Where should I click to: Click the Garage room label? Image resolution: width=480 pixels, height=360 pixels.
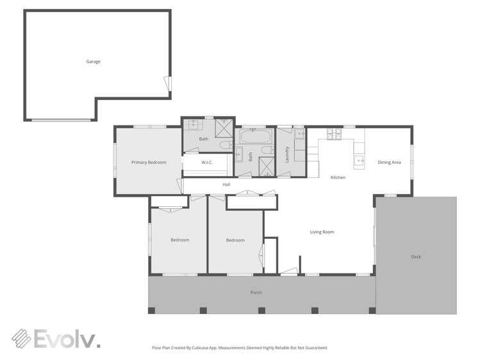click(x=94, y=61)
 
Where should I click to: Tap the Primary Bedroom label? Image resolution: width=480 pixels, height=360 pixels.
click(x=149, y=163)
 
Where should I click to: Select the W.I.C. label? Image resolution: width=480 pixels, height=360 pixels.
click(x=206, y=163)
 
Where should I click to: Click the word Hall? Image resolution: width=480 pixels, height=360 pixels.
click(x=226, y=184)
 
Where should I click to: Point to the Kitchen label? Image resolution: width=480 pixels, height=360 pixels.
click(x=338, y=177)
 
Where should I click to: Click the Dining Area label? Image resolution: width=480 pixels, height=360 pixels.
click(x=389, y=163)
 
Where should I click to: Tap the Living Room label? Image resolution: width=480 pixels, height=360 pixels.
click(x=322, y=232)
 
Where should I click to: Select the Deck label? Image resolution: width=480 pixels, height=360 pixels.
click(x=416, y=257)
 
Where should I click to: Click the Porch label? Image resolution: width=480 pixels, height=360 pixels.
click(x=256, y=293)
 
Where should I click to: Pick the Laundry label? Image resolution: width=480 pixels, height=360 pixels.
click(x=286, y=154)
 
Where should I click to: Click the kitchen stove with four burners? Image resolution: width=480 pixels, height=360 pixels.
click(x=334, y=134)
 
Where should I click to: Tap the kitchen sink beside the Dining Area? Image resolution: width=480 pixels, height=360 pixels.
click(x=359, y=160)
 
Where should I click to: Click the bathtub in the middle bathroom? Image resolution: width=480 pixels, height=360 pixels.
click(x=253, y=136)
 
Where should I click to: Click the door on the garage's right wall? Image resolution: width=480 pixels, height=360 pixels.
click(x=168, y=83)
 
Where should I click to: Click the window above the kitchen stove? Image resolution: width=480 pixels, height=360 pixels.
click(x=334, y=127)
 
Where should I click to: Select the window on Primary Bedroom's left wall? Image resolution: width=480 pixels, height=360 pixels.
click(x=115, y=160)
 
